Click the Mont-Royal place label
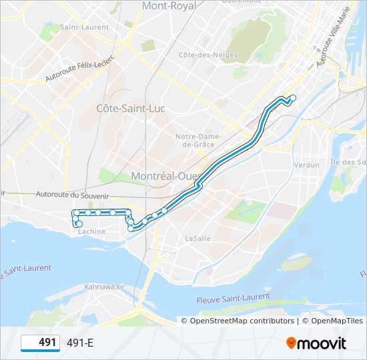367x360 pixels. click(169, 6)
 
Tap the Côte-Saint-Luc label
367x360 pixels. click(131, 108)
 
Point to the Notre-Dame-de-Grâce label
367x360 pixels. click(194, 140)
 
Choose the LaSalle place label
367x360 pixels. click(198, 237)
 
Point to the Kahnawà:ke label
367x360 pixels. click(105, 287)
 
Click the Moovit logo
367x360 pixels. click(316, 343)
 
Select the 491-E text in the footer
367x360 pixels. click(80, 343)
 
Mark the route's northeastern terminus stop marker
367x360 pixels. click(292, 99)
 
